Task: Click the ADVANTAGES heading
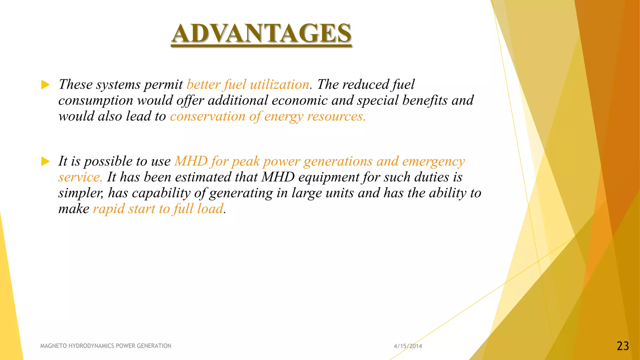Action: [261, 33]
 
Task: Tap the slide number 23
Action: [622, 346]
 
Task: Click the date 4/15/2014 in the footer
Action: [407, 346]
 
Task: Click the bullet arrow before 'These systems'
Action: [46, 85]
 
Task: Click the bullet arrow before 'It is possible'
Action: [46, 162]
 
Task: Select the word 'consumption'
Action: [96, 101]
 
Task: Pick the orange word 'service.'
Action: [80, 177]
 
